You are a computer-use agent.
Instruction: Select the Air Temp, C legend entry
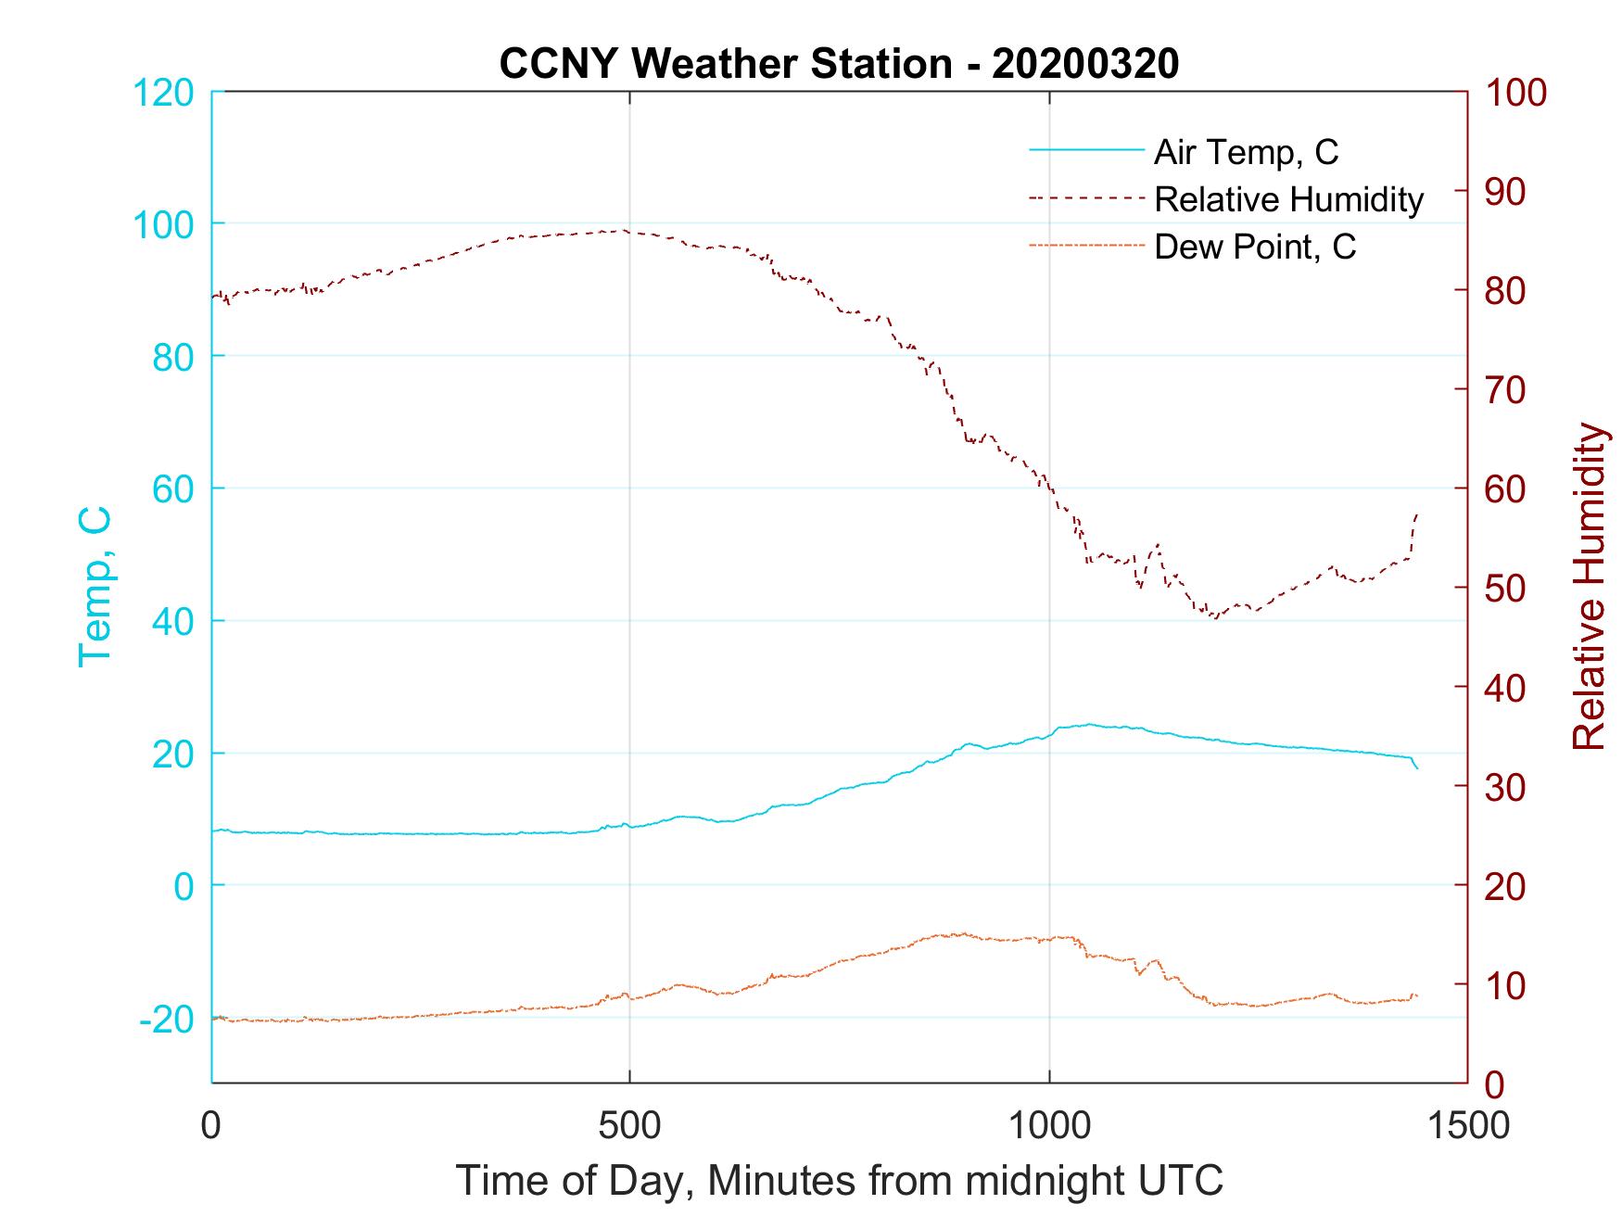(1246, 152)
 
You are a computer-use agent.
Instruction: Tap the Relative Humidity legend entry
(1288, 199)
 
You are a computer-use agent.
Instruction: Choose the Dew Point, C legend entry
(1255, 247)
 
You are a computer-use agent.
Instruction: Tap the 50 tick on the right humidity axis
(1506, 589)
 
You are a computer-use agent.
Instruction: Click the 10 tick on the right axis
(1506, 984)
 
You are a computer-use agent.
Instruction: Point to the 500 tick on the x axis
(630, 1126)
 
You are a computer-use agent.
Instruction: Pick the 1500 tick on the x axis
(1467, 1126)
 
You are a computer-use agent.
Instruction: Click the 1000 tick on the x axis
(1049, 1126)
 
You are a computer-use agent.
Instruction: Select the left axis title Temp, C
(95, 586)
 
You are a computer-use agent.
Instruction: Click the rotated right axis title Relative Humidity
(1589, 586)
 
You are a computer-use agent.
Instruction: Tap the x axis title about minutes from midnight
(840, 1181)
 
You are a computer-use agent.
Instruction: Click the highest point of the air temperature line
(1089, 725)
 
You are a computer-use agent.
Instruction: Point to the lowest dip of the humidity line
(1214, 617)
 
